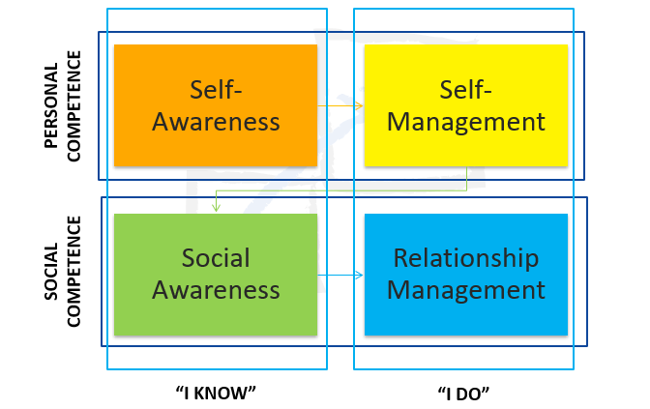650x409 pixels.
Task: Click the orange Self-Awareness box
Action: pos(216,105)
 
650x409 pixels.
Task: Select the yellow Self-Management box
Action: pos(466,105)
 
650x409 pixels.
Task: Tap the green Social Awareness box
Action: pos(216,275)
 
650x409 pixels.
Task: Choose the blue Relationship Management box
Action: pos(466,275)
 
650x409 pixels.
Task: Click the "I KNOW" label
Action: pos(216,393)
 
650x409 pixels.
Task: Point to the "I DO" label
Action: pos(464,394)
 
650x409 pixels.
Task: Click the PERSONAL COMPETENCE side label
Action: pos(63,106)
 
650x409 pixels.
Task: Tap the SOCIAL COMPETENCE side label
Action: pos(63,272)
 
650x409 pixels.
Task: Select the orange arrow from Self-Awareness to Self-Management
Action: pos(340,105)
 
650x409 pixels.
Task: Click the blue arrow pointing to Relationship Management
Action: pos(340,275)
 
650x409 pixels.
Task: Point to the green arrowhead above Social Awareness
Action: pos(216,207)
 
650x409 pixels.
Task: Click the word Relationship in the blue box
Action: pos(466,258)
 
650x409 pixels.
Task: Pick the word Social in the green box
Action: pos(216,258)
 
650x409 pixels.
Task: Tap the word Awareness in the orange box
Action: pos(216,122)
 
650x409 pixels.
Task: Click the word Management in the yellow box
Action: pos(466,122)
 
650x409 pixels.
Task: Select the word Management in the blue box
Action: pos(466,290)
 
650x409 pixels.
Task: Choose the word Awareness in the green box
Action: pos(216,290)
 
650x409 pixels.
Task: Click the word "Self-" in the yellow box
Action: pos(465,90)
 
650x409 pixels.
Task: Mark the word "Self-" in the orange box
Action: pos(216,90)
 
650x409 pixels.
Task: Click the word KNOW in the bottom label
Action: pos(221,394)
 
